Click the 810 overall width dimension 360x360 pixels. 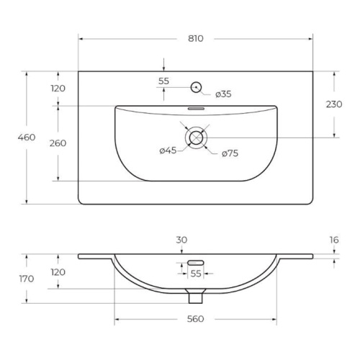[196, 39]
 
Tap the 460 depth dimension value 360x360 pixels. [27, 138]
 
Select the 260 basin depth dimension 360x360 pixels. [58, 143]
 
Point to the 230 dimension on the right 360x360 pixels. [334, 104]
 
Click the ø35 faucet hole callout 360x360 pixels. [223, 94]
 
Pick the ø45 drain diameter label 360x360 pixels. [168, 150]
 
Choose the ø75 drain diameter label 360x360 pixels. [230, 153]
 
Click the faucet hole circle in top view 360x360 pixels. [196, 87]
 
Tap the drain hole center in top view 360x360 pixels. [196, 138]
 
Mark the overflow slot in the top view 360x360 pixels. [196, 109]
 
